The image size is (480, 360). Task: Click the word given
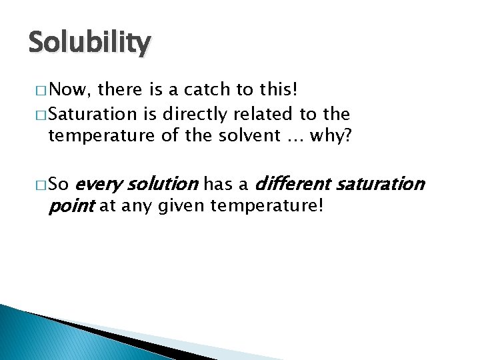(183, 206)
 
